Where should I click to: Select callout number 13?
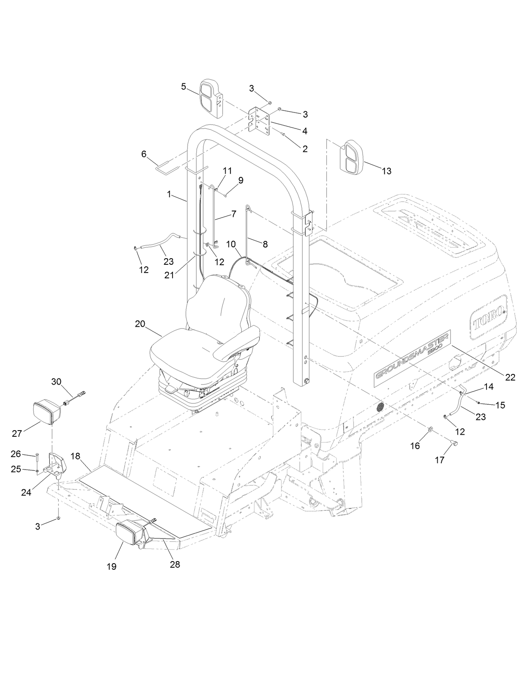(x=387, y=171)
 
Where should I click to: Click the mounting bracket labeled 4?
(x=259, y=120)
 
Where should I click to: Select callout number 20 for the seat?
(x=140, y=324)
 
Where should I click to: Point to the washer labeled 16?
(x=430, y=429)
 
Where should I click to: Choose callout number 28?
(x=175, y=564)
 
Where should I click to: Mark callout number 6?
(x=143, y=154)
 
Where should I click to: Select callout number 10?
(x=230, y=245)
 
